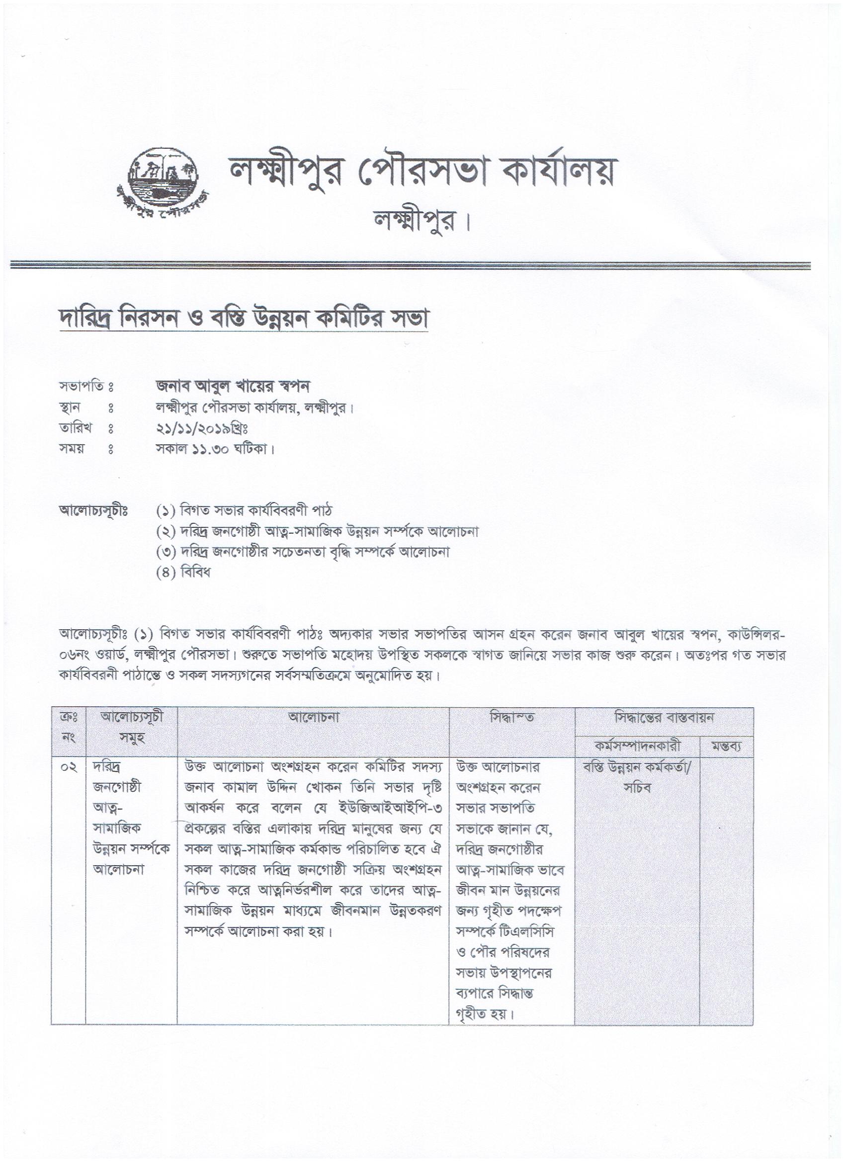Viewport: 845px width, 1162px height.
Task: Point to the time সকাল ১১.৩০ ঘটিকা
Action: point(215,449)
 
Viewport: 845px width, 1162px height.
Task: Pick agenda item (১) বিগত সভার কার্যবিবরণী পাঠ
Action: point(244,511)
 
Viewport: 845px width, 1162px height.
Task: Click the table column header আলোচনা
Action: point(313,718)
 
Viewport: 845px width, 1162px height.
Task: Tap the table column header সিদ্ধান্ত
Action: point(511,718)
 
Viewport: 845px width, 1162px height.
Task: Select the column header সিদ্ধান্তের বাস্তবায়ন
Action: point(664,718)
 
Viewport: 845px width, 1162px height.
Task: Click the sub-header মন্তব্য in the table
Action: point(727,747)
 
